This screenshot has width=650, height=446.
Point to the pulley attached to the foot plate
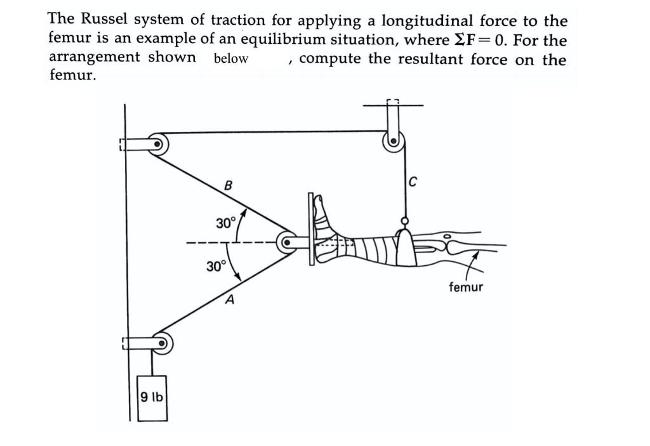tap(288, 242)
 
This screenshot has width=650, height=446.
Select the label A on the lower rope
tap(230, 299)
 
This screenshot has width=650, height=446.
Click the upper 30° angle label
tap(225, 223)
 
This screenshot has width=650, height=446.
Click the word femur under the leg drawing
tap(466, 287)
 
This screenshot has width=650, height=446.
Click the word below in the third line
tap(231, 59)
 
